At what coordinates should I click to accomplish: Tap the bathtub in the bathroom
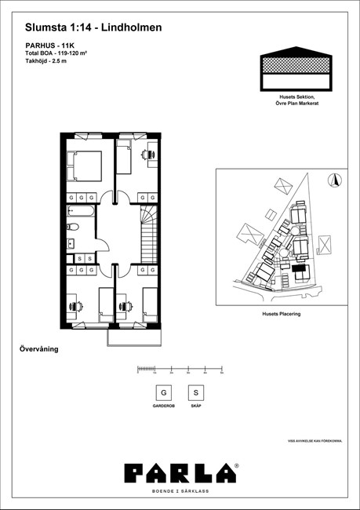pyautogui.click(x=80, y=211)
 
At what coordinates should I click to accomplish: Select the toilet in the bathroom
pyautogui.click(x=70, y=228)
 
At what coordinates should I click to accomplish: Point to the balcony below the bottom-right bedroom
pyautogui.click(x=134, y=337)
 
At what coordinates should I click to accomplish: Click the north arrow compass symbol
pyautogui.click(x=336, y=179)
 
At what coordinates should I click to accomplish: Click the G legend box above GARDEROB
pyautogui.click(x=163, y=392)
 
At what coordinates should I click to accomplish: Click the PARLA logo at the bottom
pyautogui.click(x=180, y=472)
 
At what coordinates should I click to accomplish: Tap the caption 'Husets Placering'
pyautogui.click(x=281, y=313)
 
